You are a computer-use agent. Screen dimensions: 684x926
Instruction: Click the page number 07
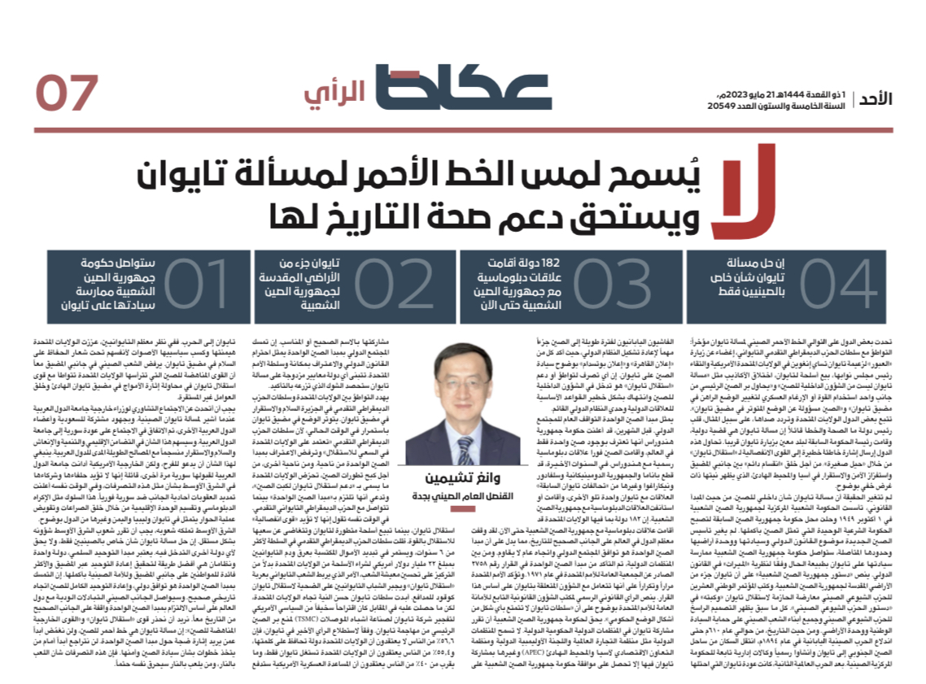coord(68,92)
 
